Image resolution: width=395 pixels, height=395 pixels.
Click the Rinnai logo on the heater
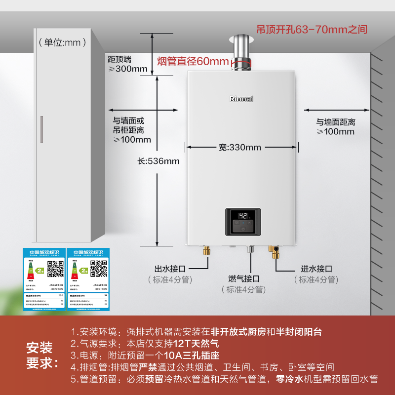coord(241,99)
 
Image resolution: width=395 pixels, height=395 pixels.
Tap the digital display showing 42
coord(243,216)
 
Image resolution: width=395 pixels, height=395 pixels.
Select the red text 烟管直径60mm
coord(193,62)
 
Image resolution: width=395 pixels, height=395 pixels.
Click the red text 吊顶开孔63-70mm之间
coord(312,29)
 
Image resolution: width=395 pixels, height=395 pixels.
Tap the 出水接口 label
coord(170,269)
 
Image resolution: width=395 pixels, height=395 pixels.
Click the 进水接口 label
coord(316,269)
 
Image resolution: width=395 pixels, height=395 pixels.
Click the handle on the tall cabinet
coord(42,129)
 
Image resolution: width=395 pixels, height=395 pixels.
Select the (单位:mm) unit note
coord(63,42)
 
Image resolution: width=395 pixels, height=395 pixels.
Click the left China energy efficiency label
coord(43,279)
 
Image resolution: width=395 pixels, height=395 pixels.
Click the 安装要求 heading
coord(42,355)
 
